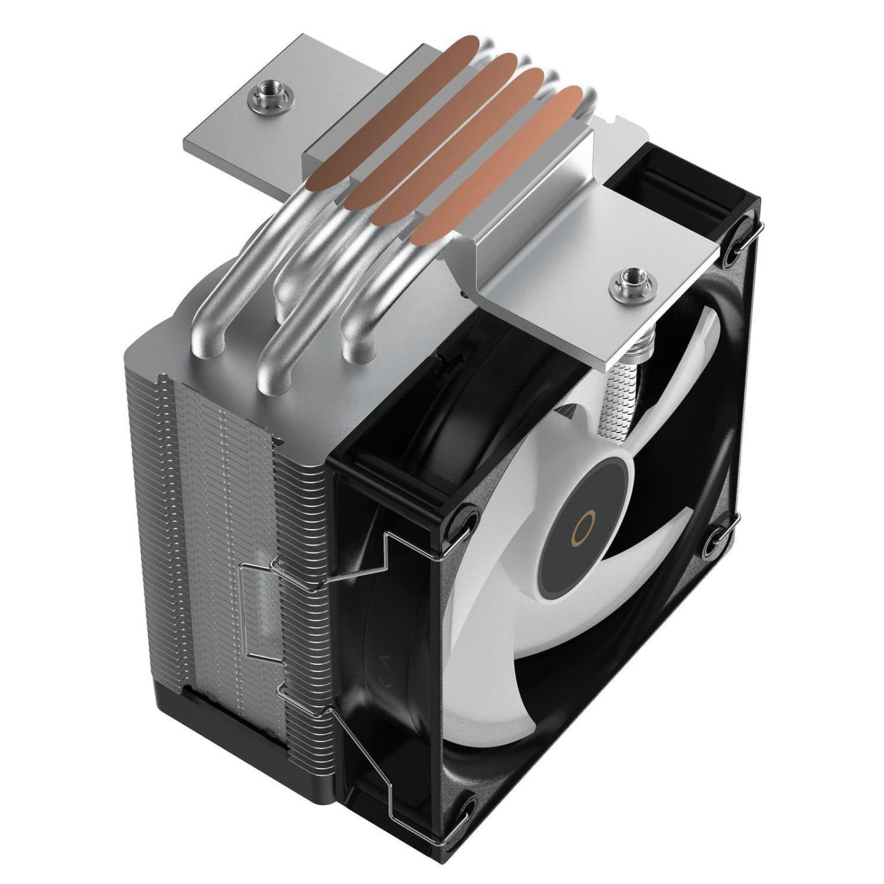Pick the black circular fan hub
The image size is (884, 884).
[581, 521]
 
